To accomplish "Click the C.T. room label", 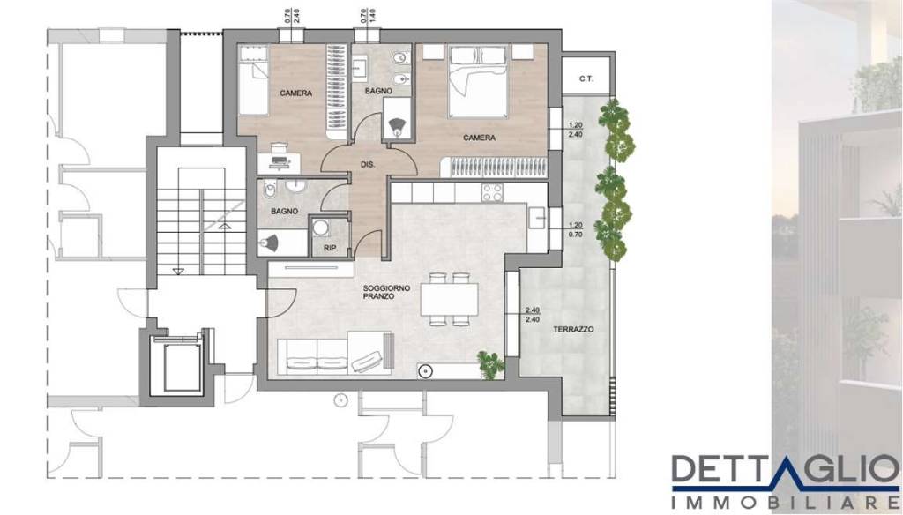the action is coord(586,78).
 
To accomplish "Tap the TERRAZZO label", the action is coord(573,330).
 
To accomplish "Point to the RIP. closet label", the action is coord(330,250).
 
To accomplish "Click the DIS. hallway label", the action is coord(368,164).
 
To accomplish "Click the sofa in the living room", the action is coord(334,353).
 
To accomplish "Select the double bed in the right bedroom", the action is coord(477,81).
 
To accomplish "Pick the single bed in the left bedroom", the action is coord(253,80).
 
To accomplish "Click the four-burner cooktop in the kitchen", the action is coord(492,192).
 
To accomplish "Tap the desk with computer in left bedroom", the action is coord(279,160).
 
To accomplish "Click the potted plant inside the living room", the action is coord(490,365).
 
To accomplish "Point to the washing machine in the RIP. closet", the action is coord(321,228).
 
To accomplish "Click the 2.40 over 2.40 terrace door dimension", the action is coord(532,315).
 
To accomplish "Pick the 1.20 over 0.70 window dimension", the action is coord(575,230).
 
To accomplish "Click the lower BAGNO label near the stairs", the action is coord(285,212).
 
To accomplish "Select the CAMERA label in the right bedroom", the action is coord(479,138).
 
